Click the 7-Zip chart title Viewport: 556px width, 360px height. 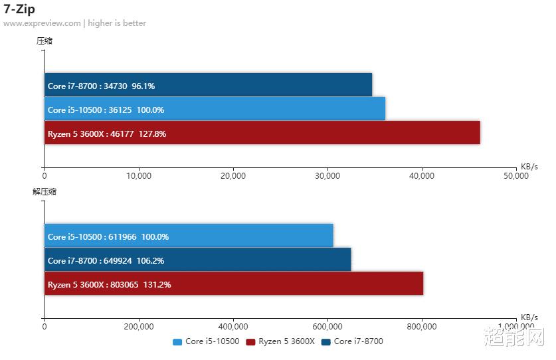(x=19, y=9)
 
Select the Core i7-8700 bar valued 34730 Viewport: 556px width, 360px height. (x=208, y=85)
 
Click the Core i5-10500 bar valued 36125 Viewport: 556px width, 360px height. (x=215, y=109)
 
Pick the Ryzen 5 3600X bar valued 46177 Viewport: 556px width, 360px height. (x=262, y=133)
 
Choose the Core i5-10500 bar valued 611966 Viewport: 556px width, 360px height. (x=189, y=236)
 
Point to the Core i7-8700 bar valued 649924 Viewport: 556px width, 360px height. (x=197, y=260)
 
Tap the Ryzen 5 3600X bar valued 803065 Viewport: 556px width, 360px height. (x=233, y=284)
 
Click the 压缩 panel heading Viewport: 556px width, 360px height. (x=45, y=41)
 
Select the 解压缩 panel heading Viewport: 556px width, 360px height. (x=45, y=191)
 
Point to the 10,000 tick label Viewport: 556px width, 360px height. (x=139, y=176)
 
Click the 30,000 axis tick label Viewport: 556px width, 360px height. (x=327, y=176)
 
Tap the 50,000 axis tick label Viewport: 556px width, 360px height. (x=516, y=176)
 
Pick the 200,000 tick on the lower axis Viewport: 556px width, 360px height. (x=139, y=326)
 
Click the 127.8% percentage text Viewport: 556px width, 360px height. (x=152, y=134)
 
